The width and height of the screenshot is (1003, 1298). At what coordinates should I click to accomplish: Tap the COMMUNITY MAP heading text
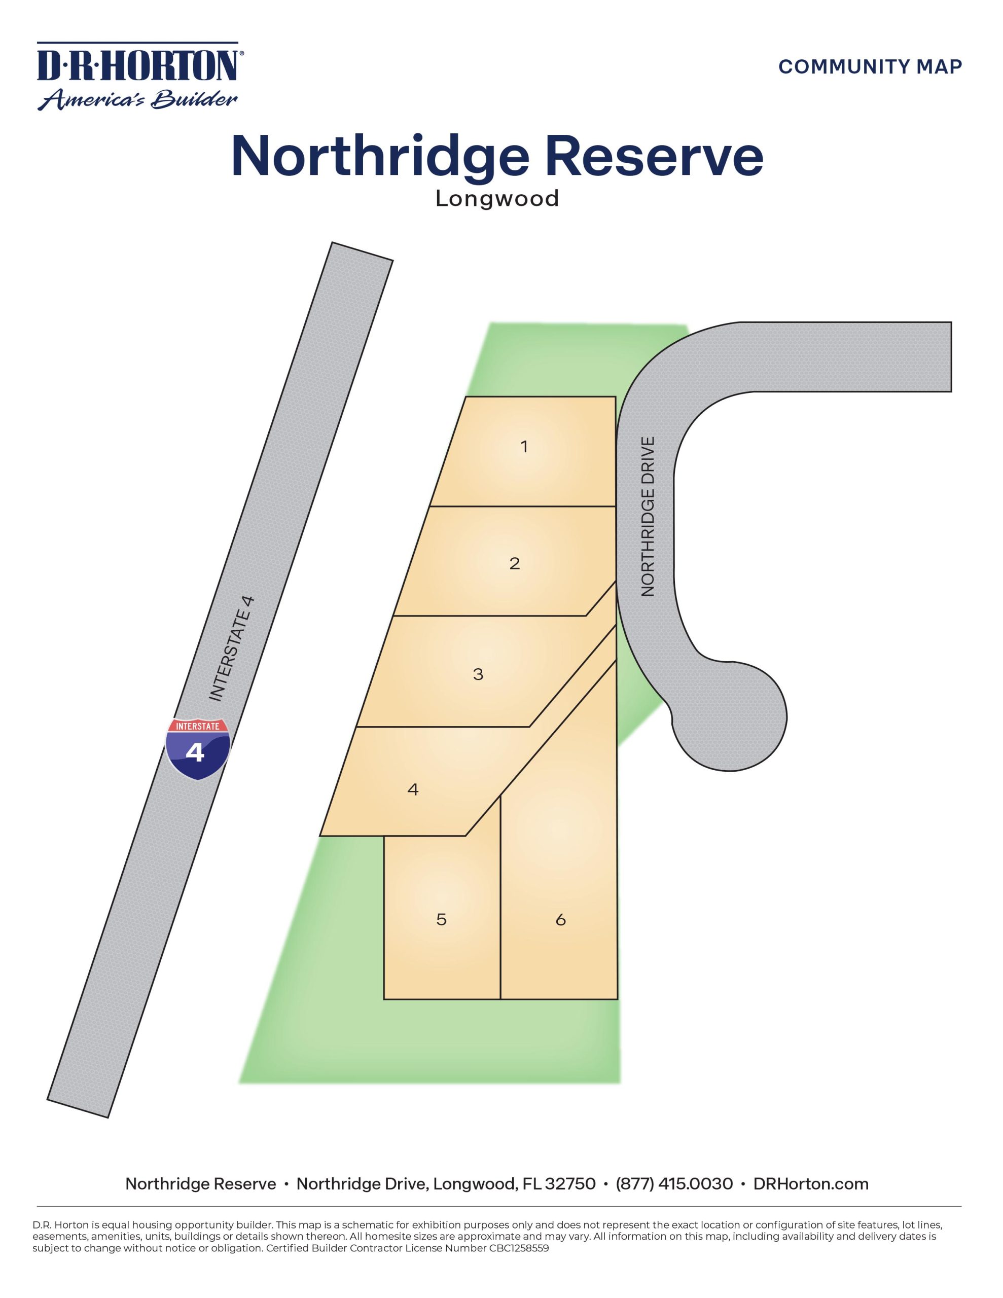coord(870,66)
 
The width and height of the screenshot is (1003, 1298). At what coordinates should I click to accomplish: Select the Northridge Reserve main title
coord(497,156)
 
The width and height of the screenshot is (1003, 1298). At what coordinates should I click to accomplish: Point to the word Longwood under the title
coord(497,199)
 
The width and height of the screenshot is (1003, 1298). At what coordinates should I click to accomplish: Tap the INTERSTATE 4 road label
coord(232,648)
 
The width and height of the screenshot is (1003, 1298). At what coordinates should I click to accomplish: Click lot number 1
coord(524,446)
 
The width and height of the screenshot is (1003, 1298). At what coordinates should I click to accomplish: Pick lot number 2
coord(514,563)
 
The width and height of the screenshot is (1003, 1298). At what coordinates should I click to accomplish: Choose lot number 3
coord(478,674)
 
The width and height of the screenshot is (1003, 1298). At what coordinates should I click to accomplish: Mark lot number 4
coord(413,789)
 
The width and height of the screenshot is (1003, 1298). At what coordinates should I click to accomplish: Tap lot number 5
coord(441,919)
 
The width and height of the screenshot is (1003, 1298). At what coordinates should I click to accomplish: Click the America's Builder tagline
coord(138,99)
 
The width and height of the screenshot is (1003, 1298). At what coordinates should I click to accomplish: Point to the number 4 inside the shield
coord(195,753)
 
